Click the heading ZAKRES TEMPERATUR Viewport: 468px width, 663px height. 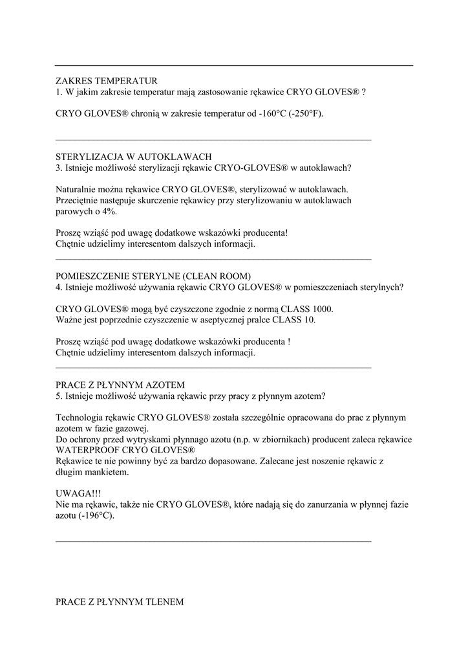(107, 82)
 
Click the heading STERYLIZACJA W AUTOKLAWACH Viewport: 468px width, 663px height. (134, 157)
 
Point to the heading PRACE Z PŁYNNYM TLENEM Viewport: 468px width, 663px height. (120, 601)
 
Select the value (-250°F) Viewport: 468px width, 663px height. (306, 114)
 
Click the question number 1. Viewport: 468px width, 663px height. (58, 93)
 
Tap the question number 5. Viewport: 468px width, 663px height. (58, 396)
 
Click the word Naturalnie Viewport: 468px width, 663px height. (76, 190)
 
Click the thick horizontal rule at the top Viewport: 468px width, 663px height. (234, 65)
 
